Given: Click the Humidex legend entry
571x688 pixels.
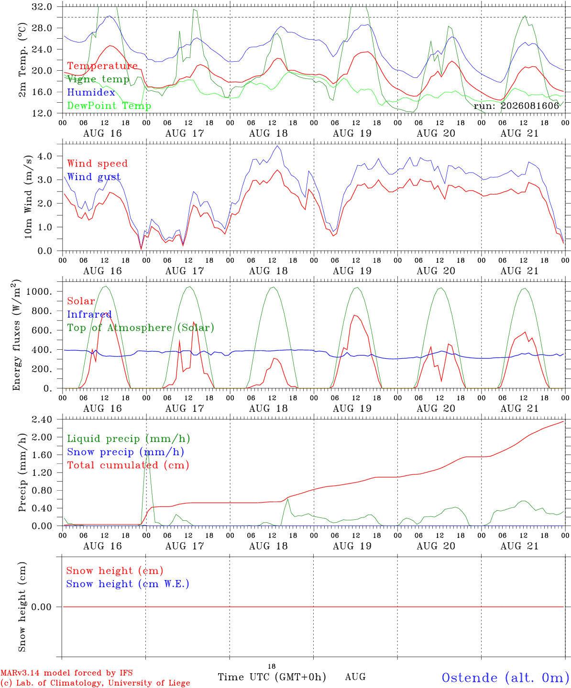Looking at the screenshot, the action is [x=91, y=92].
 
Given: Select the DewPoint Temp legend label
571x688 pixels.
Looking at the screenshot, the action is [x=109, y=106].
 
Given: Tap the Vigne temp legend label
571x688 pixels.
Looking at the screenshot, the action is [x=99, y=79].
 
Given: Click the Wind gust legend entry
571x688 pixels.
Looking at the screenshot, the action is [x=94, y=177].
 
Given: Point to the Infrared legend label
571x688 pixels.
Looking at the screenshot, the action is [x=89, y=314].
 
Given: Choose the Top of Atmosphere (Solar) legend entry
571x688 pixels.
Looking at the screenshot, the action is [x=141, y=328].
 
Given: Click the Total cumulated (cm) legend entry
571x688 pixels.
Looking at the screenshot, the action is [x=128, y=465].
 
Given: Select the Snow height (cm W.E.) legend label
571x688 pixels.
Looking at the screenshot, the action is [x=128, y=584].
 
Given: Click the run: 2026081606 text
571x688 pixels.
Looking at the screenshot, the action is [x=516, y=106].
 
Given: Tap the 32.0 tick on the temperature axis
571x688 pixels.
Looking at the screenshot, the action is [x=42, y=7].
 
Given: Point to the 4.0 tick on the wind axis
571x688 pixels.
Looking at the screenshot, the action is [x=45, y=156].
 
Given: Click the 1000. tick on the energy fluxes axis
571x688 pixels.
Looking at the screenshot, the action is [x=39, y=291].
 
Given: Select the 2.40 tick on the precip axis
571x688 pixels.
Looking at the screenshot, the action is [x=42, y=419].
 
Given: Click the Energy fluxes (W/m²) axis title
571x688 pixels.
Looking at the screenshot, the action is [x=16, y=335].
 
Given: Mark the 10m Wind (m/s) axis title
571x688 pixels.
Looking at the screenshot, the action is [x=28, y=197].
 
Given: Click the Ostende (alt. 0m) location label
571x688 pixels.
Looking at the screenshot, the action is [x=506, y=678].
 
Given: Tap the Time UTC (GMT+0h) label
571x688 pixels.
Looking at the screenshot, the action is [x=272, y=677].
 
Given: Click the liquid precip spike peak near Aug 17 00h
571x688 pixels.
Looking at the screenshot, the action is [x=147, y=453].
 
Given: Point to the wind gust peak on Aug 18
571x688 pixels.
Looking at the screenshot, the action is [x=277, y=146].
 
